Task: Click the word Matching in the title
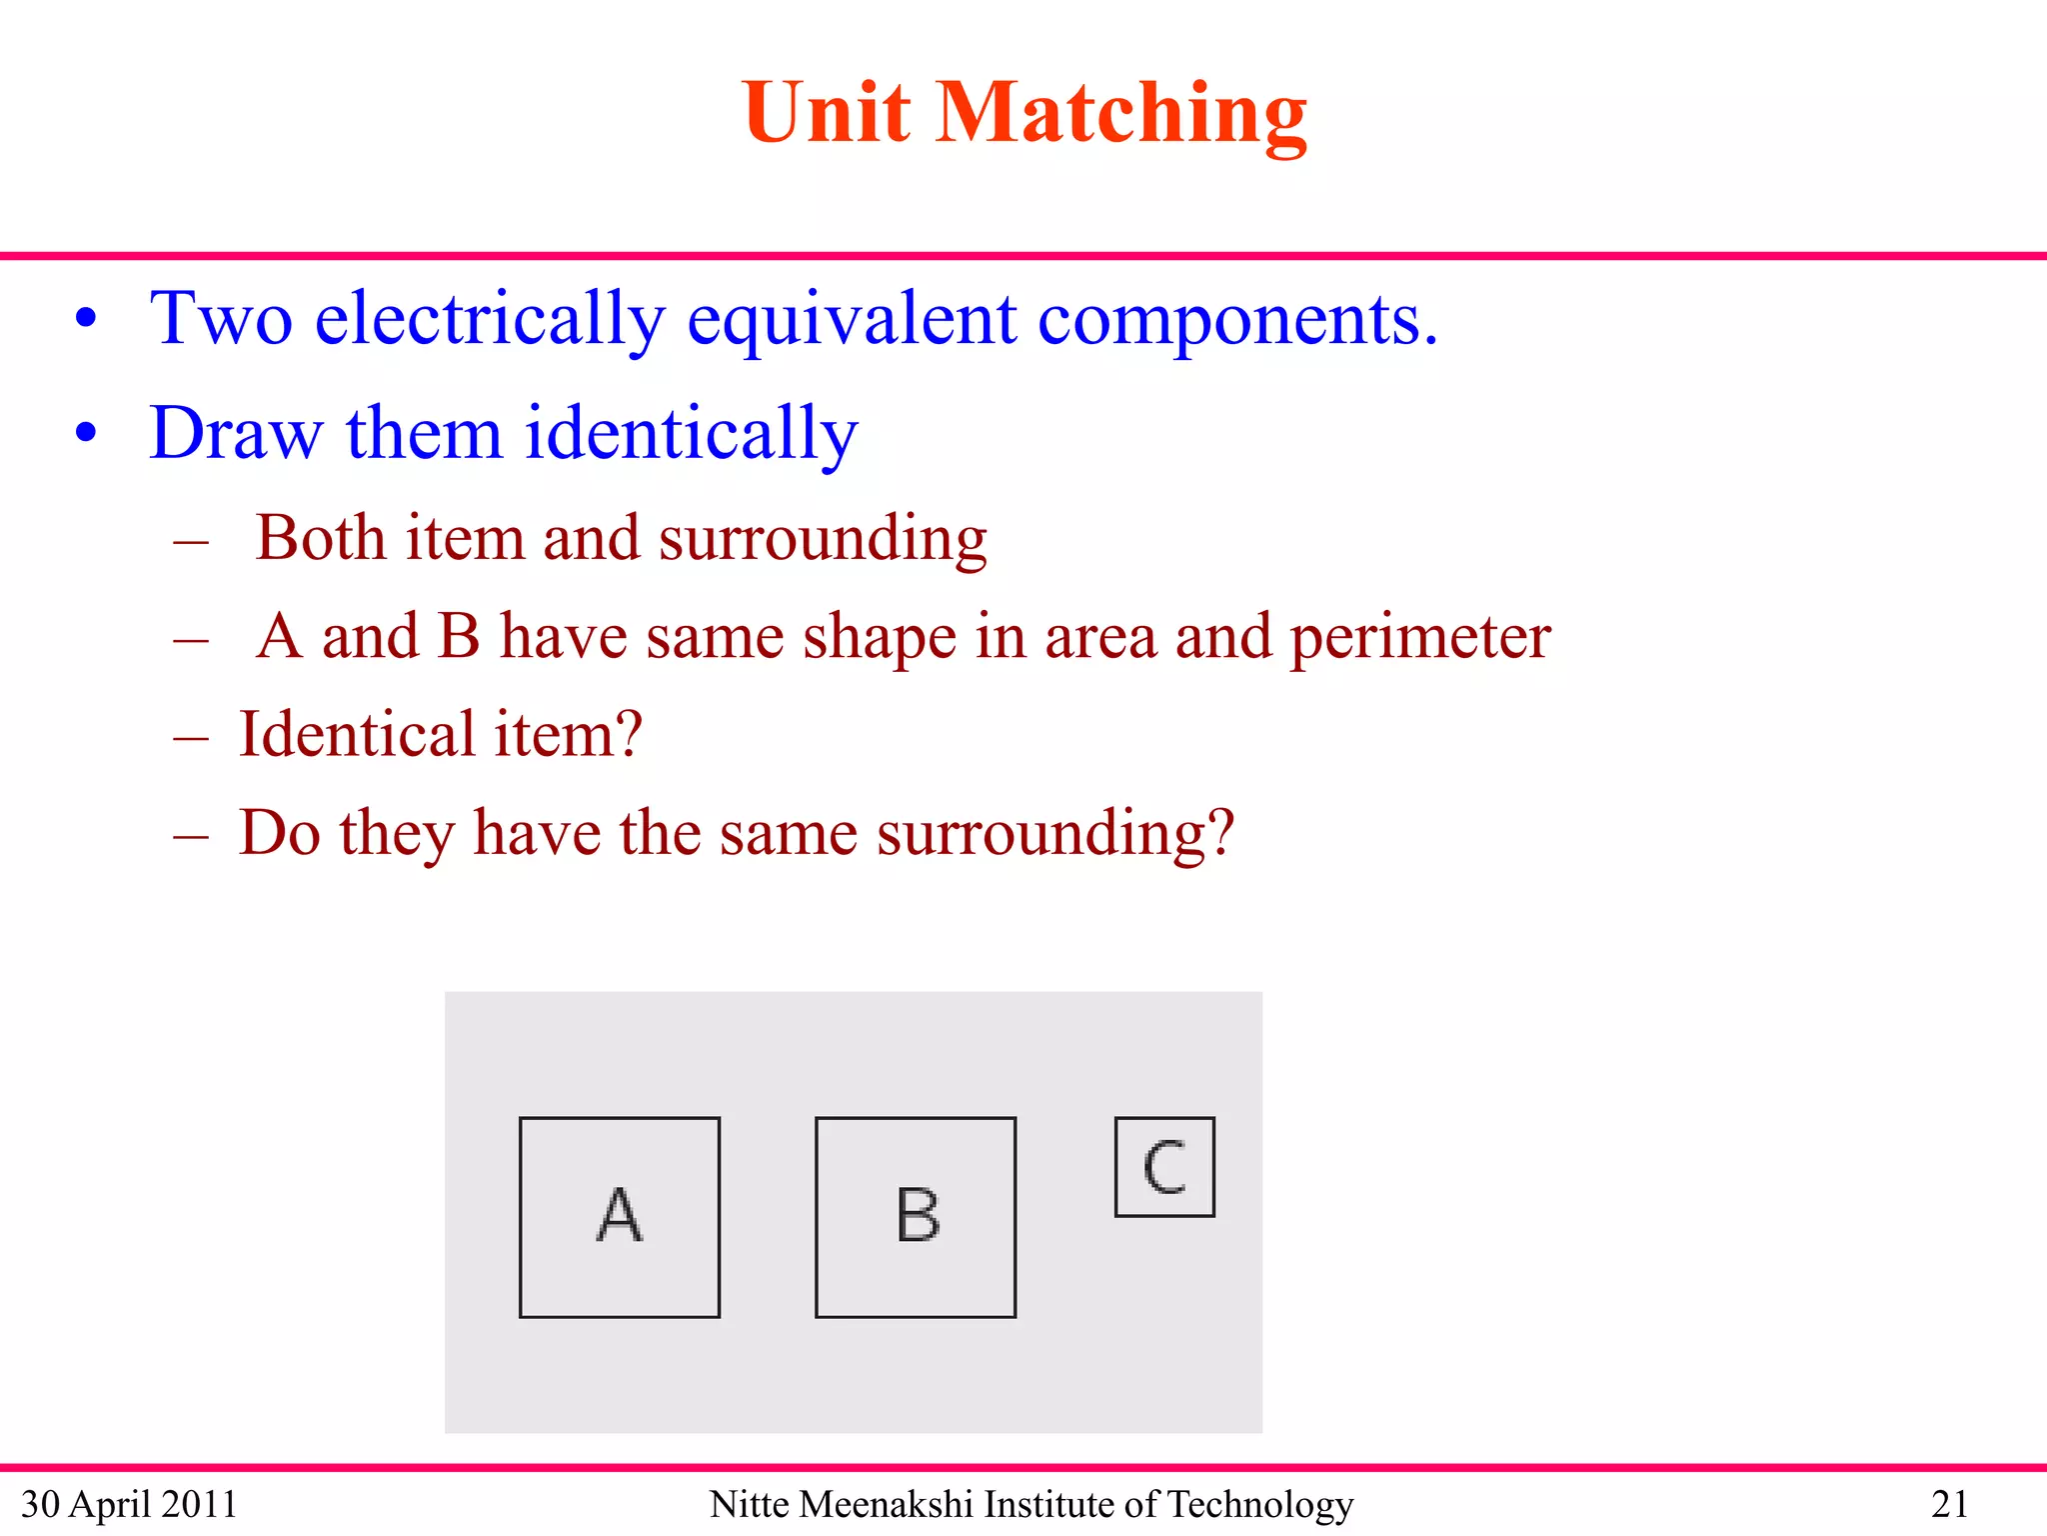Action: pos(1121,114)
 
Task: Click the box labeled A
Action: pos(620,1217)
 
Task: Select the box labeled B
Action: pos(916,1217)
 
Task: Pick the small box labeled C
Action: pos(1164,1167)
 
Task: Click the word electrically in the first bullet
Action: pos(490,320)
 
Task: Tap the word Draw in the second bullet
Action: pos(236,434)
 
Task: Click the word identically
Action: pos(691,434)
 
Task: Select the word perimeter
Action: pos(1420,637)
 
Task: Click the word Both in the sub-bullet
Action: pos(321,538)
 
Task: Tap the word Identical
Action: pos(357,734)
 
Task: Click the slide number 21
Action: pos(1949,1504)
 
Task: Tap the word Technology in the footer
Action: pos(1260,1504)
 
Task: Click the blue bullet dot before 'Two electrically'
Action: pos(86,319)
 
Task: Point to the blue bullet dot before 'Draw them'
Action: pos(86,433)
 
